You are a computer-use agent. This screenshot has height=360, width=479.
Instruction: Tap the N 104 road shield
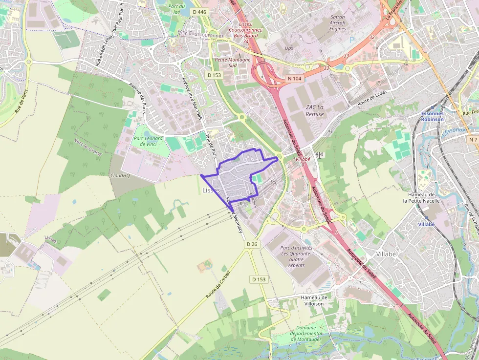(295, 78)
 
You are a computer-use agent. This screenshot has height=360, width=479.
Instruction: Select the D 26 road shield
(252, 244)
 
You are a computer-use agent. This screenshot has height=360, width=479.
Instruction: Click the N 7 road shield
(472, 140)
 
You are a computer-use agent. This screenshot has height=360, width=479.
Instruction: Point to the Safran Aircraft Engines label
(337, 23)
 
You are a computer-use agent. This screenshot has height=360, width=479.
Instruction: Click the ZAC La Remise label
(315, 110)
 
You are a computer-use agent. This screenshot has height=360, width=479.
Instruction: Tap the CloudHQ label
(119, 175)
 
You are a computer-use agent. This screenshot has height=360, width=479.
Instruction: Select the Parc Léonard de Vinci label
(148, 141)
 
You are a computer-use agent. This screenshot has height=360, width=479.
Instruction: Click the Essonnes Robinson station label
(432, 116)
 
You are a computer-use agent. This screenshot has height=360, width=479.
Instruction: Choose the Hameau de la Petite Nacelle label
(421, 198)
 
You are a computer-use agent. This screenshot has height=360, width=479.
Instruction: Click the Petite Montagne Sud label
(233, 63)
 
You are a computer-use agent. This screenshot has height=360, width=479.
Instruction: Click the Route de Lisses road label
(372, 100)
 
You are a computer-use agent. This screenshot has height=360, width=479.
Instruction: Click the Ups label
(289, 48)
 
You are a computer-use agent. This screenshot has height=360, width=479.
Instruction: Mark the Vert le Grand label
(88, 148)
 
